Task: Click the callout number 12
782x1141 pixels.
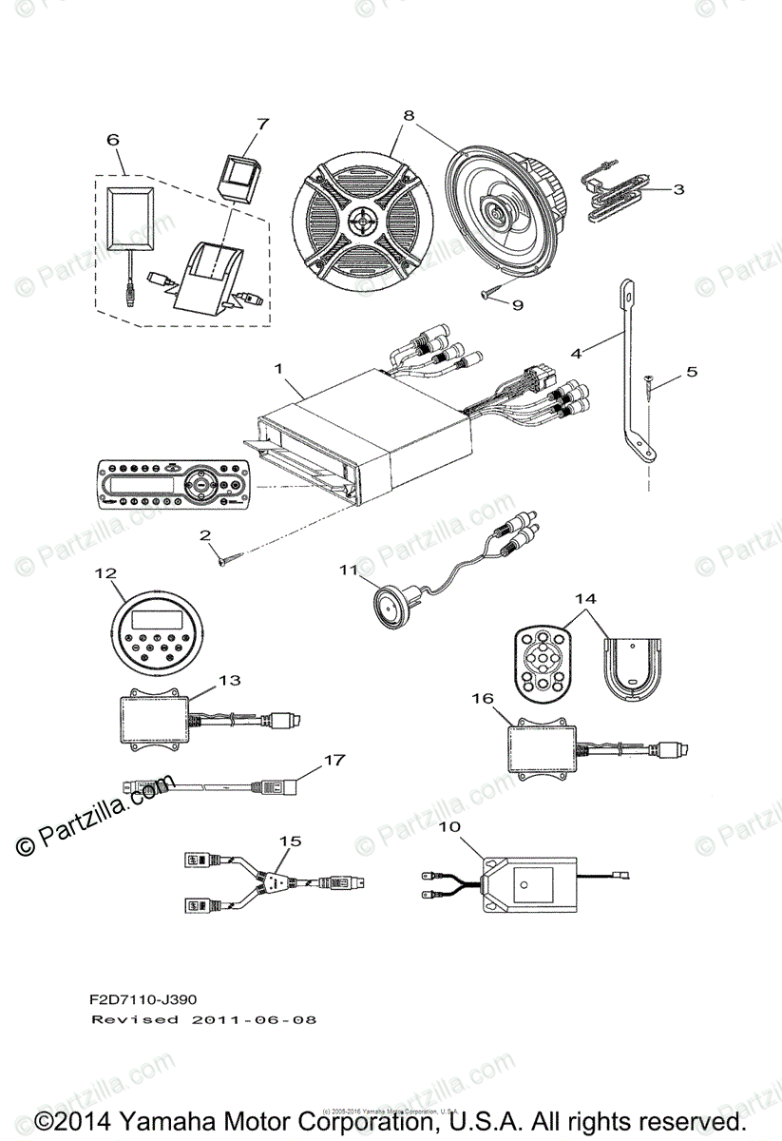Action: (105, 573)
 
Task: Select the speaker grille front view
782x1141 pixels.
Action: (363, 224)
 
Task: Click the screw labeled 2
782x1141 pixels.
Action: (234, 562)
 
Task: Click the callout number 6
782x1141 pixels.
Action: (113, 139)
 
